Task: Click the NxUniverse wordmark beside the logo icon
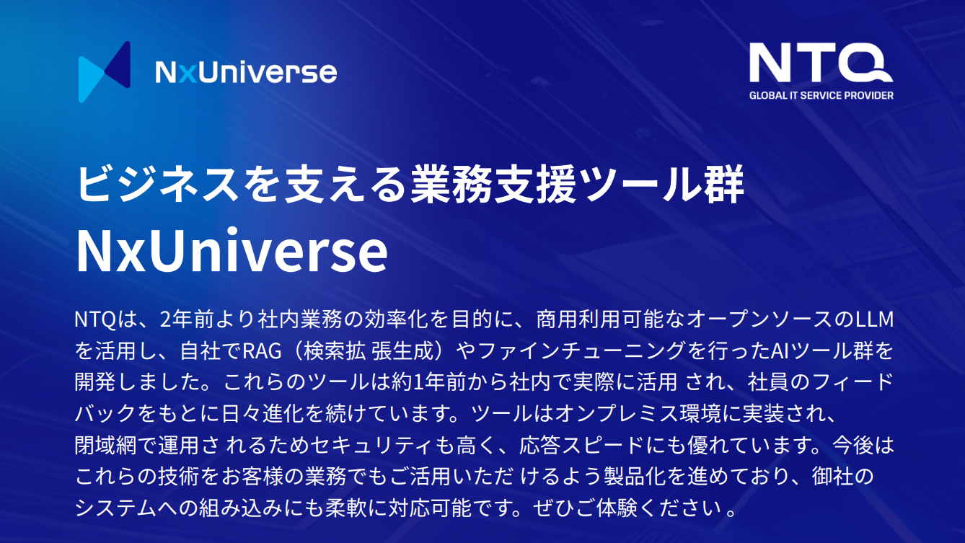pyautogui.click(x=246, y=72)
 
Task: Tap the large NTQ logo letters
pyautogui.click(x=821, y=63)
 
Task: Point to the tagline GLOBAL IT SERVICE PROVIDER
pyautogui.click(x=821, y=95)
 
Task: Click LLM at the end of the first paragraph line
pyautogui.click(x=875, y=319)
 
